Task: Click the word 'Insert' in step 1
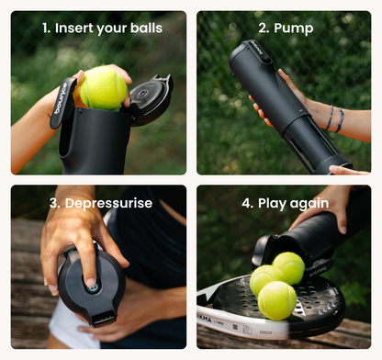coord(79,28)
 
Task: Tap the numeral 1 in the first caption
coord(45,28)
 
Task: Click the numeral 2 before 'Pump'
coord(263,28)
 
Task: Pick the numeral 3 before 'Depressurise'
coord(54,203)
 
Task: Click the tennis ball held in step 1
coord(103,88)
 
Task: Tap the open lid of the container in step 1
coord(152,97)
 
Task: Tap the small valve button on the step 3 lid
coord(92,287)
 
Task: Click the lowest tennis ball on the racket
coord(276,300)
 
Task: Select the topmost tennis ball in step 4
coord(289,267)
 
